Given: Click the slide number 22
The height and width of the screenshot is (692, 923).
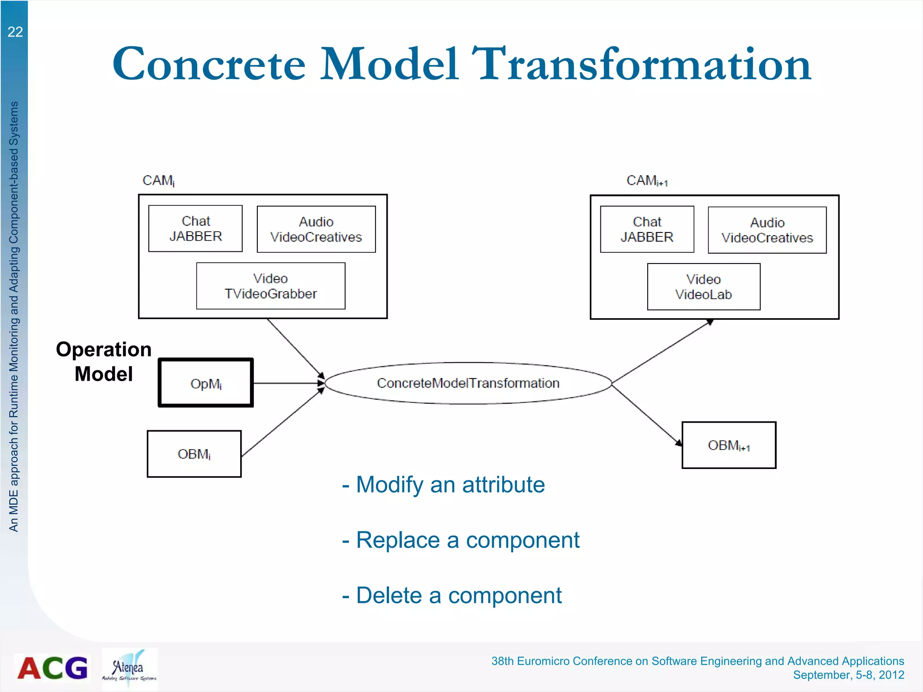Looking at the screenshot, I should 15,32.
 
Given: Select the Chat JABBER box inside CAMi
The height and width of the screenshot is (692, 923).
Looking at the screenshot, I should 195,228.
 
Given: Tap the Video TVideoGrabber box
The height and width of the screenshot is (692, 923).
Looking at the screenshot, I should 270,286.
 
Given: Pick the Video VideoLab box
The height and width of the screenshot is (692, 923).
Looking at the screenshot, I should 703,287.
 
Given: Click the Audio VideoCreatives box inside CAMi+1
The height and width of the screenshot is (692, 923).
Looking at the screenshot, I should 767,230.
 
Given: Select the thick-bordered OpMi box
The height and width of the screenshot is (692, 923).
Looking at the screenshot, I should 206,383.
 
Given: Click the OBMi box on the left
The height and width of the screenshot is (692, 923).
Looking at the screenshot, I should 194,454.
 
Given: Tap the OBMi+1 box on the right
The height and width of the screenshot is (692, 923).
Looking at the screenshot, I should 728,445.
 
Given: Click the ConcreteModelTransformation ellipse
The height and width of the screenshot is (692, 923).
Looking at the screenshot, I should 468,383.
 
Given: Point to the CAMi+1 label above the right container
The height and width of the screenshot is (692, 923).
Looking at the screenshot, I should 647,181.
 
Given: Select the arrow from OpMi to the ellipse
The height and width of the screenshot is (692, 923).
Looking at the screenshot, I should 288,383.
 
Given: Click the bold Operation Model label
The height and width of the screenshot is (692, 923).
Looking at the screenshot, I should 104,361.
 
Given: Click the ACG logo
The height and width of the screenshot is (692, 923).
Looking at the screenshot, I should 52,668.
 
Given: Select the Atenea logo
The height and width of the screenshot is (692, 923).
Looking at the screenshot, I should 129,668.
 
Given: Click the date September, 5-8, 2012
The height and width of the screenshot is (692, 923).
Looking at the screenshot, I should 848,675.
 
